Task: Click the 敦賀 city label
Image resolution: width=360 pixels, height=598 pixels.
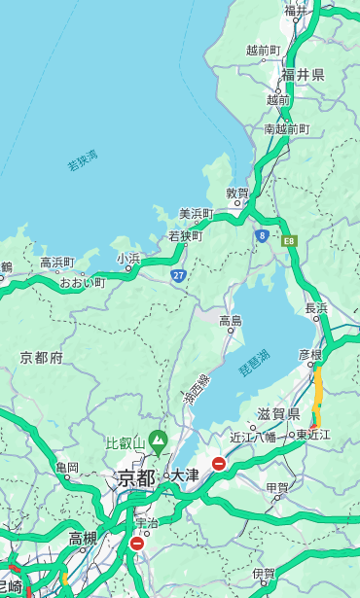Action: (237, 193)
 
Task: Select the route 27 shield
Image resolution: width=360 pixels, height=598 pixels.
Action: (179, 275)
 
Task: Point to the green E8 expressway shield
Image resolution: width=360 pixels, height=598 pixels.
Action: (289, 240)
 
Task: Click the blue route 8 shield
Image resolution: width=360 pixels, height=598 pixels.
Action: (262, 235)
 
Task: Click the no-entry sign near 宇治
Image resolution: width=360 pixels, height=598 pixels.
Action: (136, 544)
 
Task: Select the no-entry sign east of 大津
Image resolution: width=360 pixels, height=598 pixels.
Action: (219, 465)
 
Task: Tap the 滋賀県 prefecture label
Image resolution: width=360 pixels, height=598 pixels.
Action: (277, 414)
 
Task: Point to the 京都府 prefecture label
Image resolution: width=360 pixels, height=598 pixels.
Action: (42, 357)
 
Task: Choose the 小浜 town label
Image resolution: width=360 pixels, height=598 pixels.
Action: (128, 258)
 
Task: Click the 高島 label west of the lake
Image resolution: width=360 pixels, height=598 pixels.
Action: (231, 320)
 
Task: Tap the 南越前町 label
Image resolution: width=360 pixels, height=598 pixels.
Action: (286, 128)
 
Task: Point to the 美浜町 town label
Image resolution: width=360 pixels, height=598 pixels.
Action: (196, 213)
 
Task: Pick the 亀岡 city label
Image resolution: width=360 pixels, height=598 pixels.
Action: (67, 467)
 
